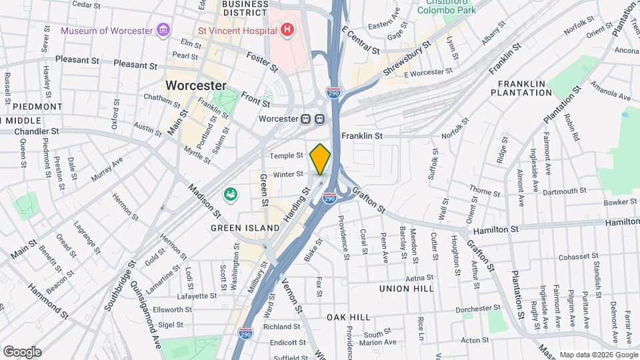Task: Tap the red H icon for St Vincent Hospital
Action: coord(287,30)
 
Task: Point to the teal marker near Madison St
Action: coord(231,194)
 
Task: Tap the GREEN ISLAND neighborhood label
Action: coord(245,228)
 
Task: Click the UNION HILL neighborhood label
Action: coord(406,289)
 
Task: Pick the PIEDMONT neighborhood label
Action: coord(38,107)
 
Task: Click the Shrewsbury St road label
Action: coord(407,57)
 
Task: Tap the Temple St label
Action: coord(287,156)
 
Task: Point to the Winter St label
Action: coord(288,175)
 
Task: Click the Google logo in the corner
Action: coord(22,352)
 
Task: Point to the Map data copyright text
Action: coord(598,355)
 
